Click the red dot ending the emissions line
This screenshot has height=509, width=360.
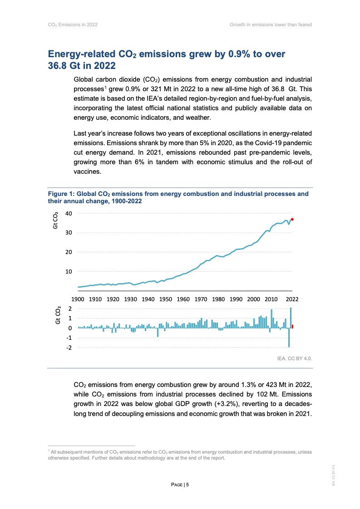[x=292, y=219]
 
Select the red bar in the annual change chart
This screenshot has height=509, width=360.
[x=292, y=326]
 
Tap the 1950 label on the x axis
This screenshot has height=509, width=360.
[x=166, y=299]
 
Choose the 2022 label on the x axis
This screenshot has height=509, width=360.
[x=291, y=299]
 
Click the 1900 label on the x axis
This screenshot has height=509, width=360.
[x=78, y=299]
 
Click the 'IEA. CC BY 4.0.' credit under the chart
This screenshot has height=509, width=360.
[x=294, y=358]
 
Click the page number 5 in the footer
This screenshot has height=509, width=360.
[x=187, y=485]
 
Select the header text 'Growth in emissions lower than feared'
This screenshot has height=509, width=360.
[x=271, y=24]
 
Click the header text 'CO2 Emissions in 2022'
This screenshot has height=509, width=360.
[x=73, y=24]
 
